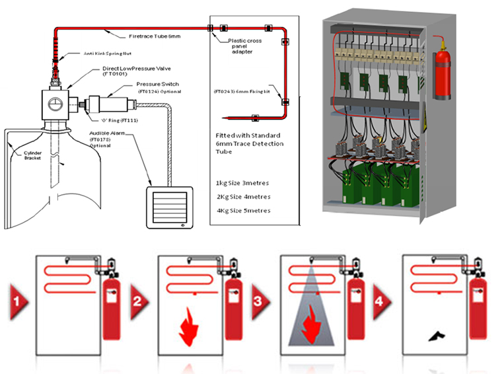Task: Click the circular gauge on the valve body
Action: (x=56, y=103)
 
